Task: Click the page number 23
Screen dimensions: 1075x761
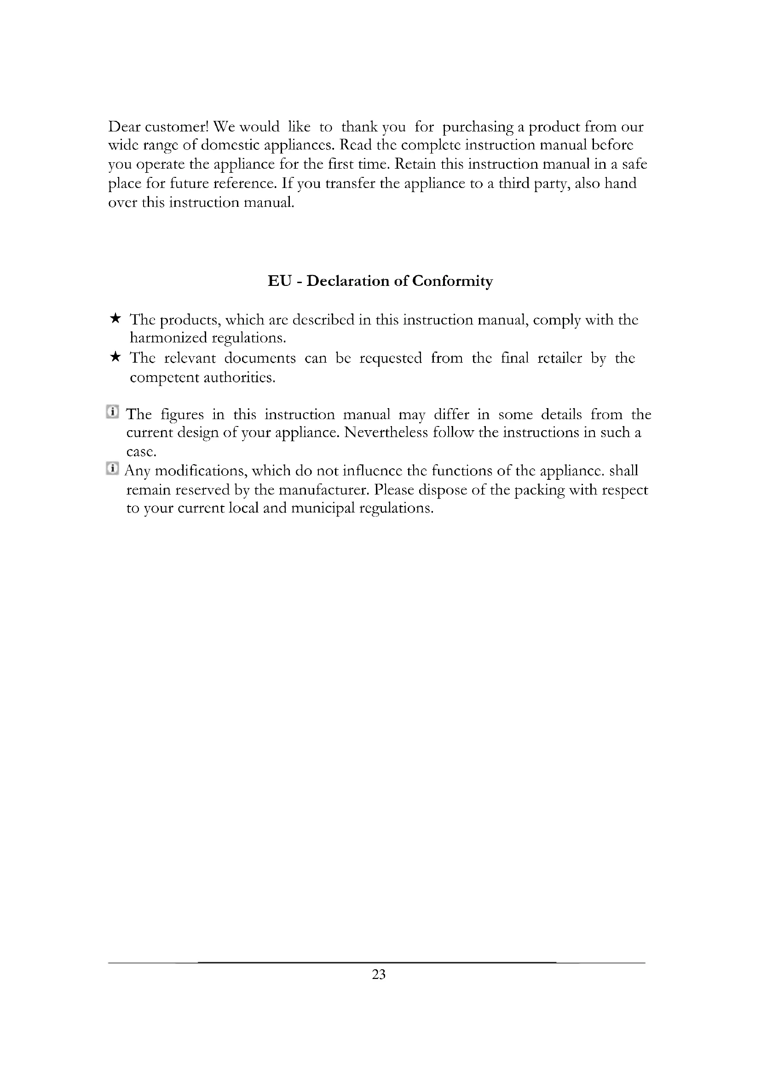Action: (379, 974)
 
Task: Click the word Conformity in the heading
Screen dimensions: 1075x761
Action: (452, 281)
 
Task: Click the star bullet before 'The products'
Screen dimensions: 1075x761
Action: (115, 319)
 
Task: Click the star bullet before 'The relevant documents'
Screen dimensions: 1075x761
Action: (115, 357)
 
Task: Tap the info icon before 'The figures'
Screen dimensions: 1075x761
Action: (112, 412)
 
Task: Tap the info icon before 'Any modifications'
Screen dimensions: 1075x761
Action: (112, 468)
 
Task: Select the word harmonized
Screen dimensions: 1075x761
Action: (168, 338)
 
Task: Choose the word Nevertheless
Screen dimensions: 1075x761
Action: (386, 432)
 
